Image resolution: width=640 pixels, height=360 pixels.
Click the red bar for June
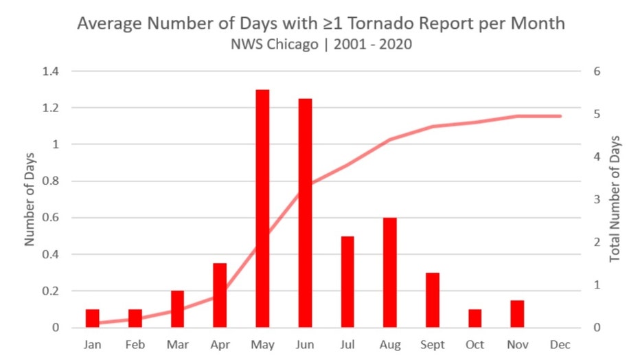(305, 213)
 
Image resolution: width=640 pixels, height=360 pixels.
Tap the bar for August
(390, 272)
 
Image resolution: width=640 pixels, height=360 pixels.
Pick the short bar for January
(93, 318)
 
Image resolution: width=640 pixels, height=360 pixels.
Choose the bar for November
(517, 313)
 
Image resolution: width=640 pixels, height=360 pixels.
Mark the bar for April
(220, 295)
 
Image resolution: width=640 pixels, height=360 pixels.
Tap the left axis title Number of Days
(30, 199)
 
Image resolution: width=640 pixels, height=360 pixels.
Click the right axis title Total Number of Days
(615, 199)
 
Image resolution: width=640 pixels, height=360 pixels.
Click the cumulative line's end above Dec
(560, 116)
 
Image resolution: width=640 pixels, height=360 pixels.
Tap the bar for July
(347, 282)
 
